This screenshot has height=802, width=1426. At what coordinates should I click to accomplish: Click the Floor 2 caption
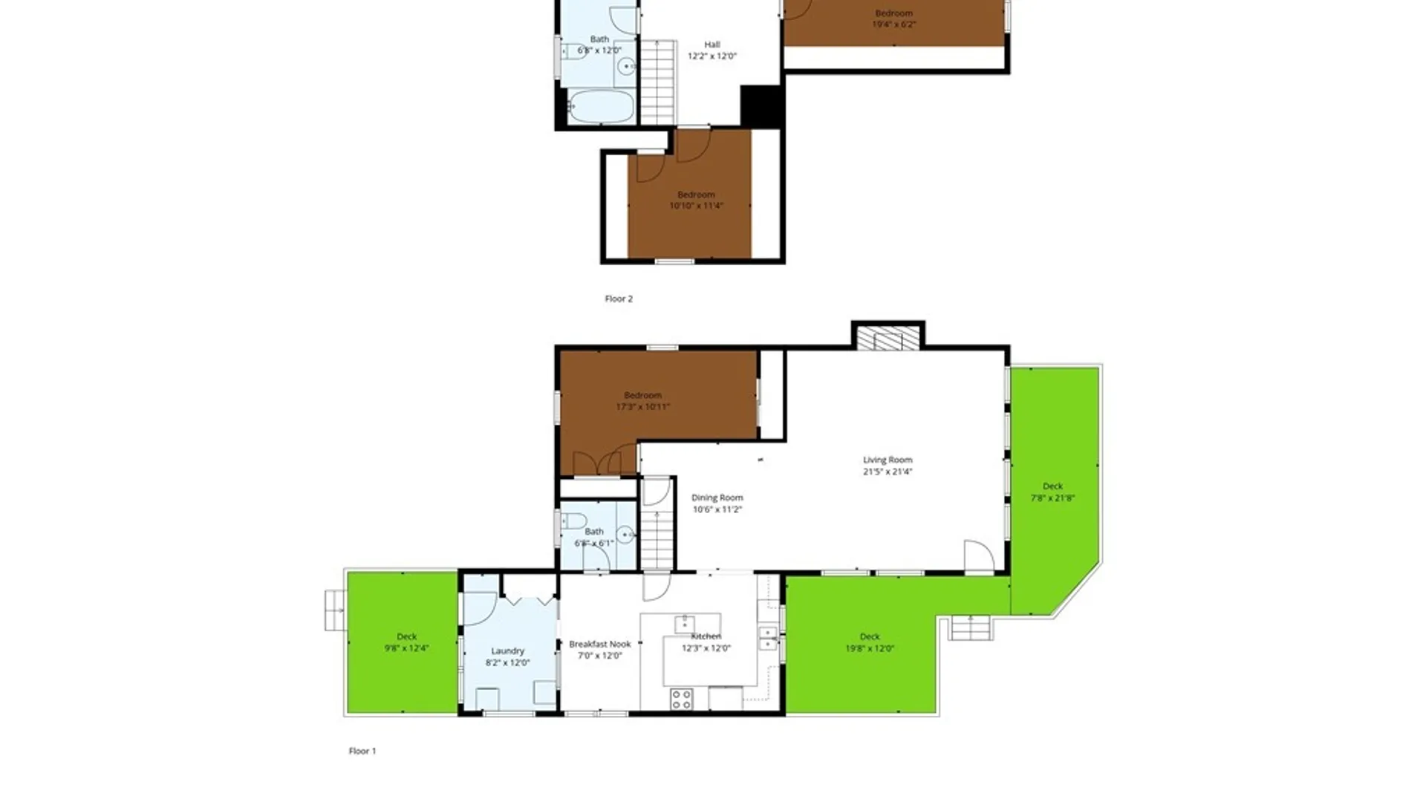pos(619,299)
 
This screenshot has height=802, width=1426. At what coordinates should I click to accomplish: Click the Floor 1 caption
pos(362,751)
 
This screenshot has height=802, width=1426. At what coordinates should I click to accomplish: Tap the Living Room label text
pos(888,460)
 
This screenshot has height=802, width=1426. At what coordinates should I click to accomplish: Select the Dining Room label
pos(717,498)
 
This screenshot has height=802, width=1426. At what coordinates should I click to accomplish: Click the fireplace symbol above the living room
pos(888,339)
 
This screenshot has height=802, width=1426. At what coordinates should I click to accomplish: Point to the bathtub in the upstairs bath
pos(601,108)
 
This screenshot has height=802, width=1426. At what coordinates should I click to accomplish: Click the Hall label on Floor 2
pos(712,45)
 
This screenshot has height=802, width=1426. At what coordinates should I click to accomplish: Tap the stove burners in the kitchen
pos(681,699)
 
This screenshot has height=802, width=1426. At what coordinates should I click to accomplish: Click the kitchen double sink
pos(768,639)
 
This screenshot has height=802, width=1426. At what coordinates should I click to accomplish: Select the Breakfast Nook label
pos(599,645)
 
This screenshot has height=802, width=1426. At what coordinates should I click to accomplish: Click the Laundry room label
pos(507,651)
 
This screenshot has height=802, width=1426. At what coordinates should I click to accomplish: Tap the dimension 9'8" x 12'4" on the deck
pos(406,648)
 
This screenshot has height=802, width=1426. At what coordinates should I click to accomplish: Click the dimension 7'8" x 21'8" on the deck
pos(1052,498)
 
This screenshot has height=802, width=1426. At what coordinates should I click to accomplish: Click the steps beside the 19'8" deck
pos(971,628)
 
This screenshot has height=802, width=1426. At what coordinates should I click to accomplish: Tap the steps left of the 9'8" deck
pos(335,610)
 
